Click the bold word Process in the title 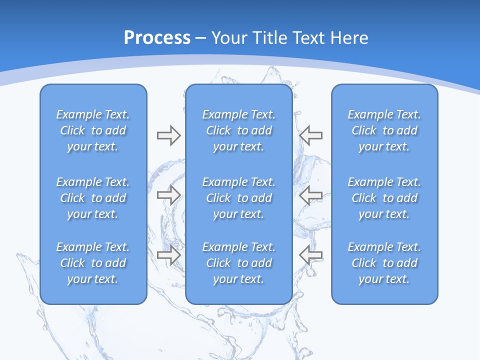pyautogui.click(x=157, y=38)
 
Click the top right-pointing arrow pyautogui.click(x=168, y=135)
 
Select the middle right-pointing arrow pyautogui.click(x=168, y=195)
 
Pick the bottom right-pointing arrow pyautogui.click(x=168, y=255)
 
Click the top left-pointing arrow pyautogui.click(x=311, y=135)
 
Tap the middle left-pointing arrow pyautogui.click(x=311, y=195)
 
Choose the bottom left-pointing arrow pyautogui.click(x=311, y=255)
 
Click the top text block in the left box pyautogui.click(x=93, y=130)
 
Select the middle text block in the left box pyautogui.click(x=93, y=198)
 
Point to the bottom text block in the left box pyautogui.click(x=93, y=263)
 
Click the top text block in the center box pyautogui.click(x=238, y=130)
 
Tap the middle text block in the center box pyautogui.click(x=238, y=198)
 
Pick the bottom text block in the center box pyautogui.click(x=238, y=263)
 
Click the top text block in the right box pyautogui.click(x=384, y=130)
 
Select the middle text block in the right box pyautogui.click(x=384, y=198)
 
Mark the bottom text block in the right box pyautogui.click(x=384, y=263)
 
